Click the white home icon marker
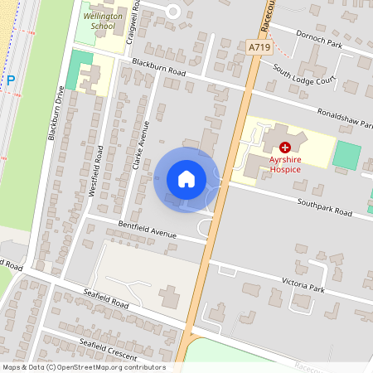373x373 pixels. (186, 179)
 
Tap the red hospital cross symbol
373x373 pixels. (285, 146)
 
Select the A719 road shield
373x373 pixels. (259, 49)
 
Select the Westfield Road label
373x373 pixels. (96, 172)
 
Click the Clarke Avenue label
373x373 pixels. (138, 146)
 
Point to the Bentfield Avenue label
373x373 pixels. (148, 230)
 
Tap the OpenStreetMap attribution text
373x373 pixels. (84, 367)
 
